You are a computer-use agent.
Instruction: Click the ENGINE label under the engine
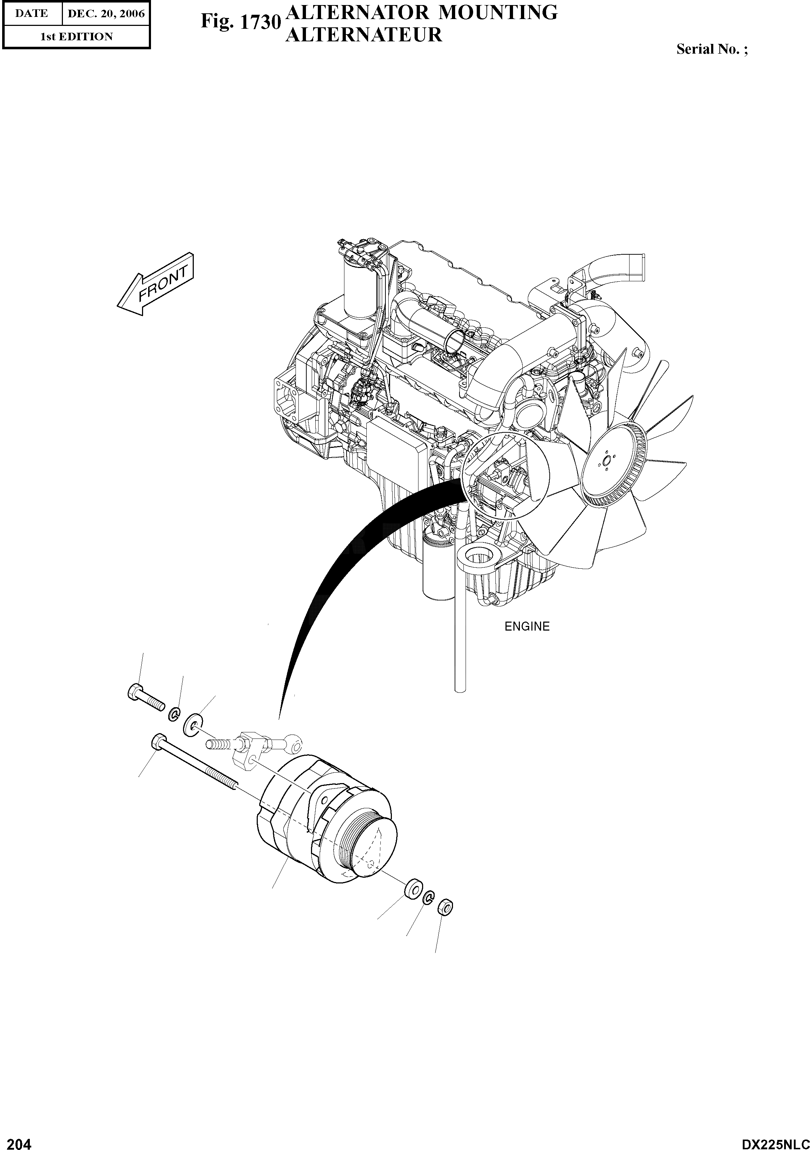pos(527,627)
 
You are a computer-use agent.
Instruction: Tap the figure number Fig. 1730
pos(240,22)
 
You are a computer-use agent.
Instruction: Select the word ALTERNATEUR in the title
pos(363,35)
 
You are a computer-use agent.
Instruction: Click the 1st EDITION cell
pos(76,37)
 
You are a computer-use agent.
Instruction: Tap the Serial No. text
pos(712,49)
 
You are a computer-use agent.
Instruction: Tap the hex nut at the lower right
pos(445,906)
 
